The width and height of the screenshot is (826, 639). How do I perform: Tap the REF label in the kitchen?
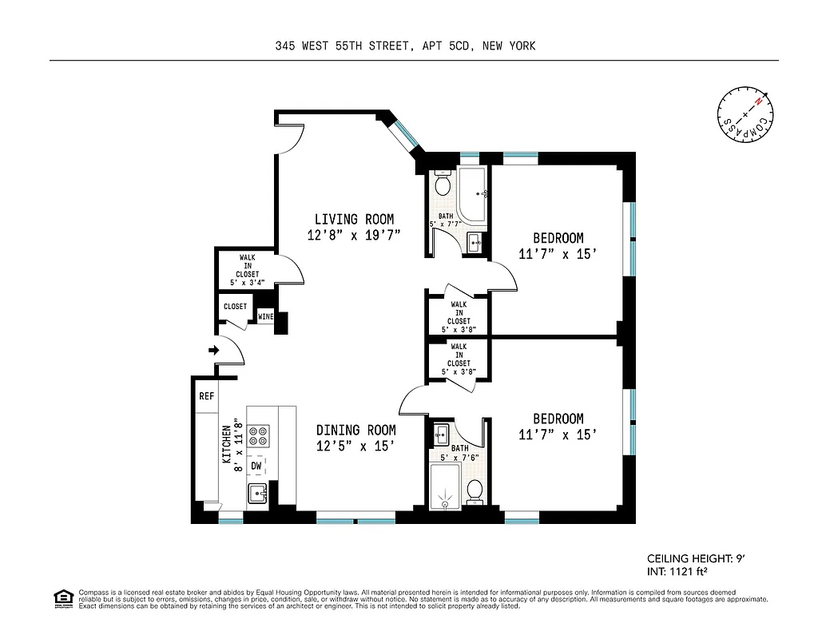(206, 395)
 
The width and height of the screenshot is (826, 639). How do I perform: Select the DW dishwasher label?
(256, 466)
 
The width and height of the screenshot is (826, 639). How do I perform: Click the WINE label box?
(265, 317)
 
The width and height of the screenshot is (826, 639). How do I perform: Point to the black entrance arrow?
(213, 350)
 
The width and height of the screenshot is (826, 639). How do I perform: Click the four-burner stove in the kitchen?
(259, 435)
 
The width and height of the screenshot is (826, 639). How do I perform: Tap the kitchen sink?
(257, 494)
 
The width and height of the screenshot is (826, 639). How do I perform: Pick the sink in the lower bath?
(441, 435)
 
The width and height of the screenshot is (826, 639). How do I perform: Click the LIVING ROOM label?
(353, 220)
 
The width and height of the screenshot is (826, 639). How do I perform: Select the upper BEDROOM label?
(558, 238)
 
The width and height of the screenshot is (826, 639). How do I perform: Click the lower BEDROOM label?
(558, 419)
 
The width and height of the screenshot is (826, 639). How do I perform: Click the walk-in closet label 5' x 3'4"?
(247, 282)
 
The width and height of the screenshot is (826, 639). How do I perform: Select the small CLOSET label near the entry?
(235, 307)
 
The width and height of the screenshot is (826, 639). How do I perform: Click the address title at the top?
(405, 46)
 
